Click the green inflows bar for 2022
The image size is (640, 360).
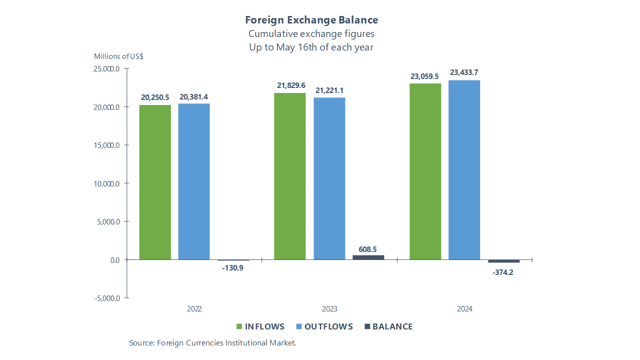pyautogui.click(x=155, y=182)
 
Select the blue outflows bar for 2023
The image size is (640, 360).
pyautogui.click(x=329, y=178)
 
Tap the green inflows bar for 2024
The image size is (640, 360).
pyautogui.click(x=425, y=171)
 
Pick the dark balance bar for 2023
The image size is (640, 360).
pyautogui.click(x=368, y=257)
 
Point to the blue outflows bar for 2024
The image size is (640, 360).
pyautogui.click(x=464, y=170)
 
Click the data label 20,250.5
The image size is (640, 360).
pyautogui.click(x=155, y=97)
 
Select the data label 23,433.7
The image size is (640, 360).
pyautogui.click(x=464, y=72)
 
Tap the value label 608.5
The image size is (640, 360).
pyautogui.click(x=368, y=249)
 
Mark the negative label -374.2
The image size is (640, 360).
pyautogui.click(x=503, y=272)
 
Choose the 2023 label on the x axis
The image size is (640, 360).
pyautogui.click(x=329, y=309)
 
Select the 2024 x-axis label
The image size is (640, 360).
pyautogui.click(x=464, y=309)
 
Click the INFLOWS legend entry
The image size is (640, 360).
pyautogui.click(x=260, y=326)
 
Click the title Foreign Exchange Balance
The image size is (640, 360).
pyautogui.click(x=311, y=20)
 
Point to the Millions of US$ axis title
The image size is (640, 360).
pyautogui.click(x=119, y=56)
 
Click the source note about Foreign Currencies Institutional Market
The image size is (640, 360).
pyautogui.click(x=212, y=343)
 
